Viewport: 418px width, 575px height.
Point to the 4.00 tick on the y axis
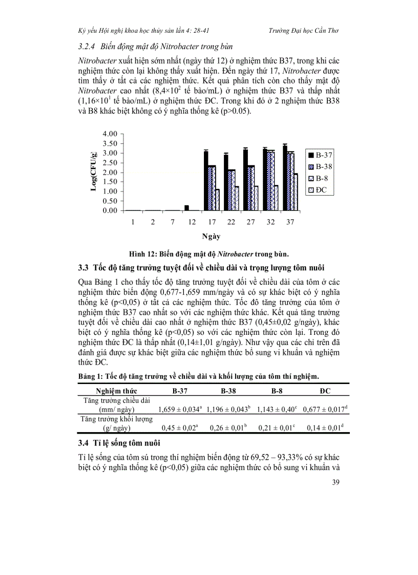coord(110,134)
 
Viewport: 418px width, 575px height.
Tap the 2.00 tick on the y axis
coord(110,172)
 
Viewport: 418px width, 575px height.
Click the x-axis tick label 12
coord(192,223)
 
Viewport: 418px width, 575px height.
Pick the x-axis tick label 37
coord(290,223)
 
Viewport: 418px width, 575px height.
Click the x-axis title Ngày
coord(211,237)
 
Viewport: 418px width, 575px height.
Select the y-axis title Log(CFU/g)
coord(94,172)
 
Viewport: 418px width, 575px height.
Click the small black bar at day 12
coord(186,208)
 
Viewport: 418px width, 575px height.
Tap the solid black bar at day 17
coord(206,180)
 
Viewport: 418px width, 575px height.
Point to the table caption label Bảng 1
coord(91,376)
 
